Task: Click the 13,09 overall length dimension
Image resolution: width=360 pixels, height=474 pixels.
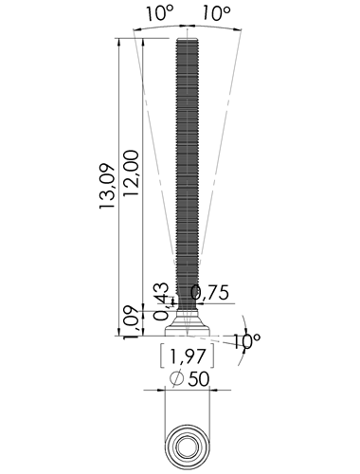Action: (106, 186)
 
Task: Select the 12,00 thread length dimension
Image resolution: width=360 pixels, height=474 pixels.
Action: (131, 173)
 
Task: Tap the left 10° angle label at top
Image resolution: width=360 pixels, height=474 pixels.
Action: (160, 14)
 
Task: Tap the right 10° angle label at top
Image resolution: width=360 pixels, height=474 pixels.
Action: (216, 14)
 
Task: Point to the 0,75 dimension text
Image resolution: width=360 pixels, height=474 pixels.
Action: (210, 293)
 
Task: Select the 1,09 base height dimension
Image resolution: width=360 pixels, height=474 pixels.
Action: (131, 322)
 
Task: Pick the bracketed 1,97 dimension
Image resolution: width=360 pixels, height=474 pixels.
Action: (188, 356)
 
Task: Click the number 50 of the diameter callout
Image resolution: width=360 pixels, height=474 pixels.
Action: (199, 379)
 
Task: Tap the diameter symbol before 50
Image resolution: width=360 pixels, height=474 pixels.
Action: (176, 378)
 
